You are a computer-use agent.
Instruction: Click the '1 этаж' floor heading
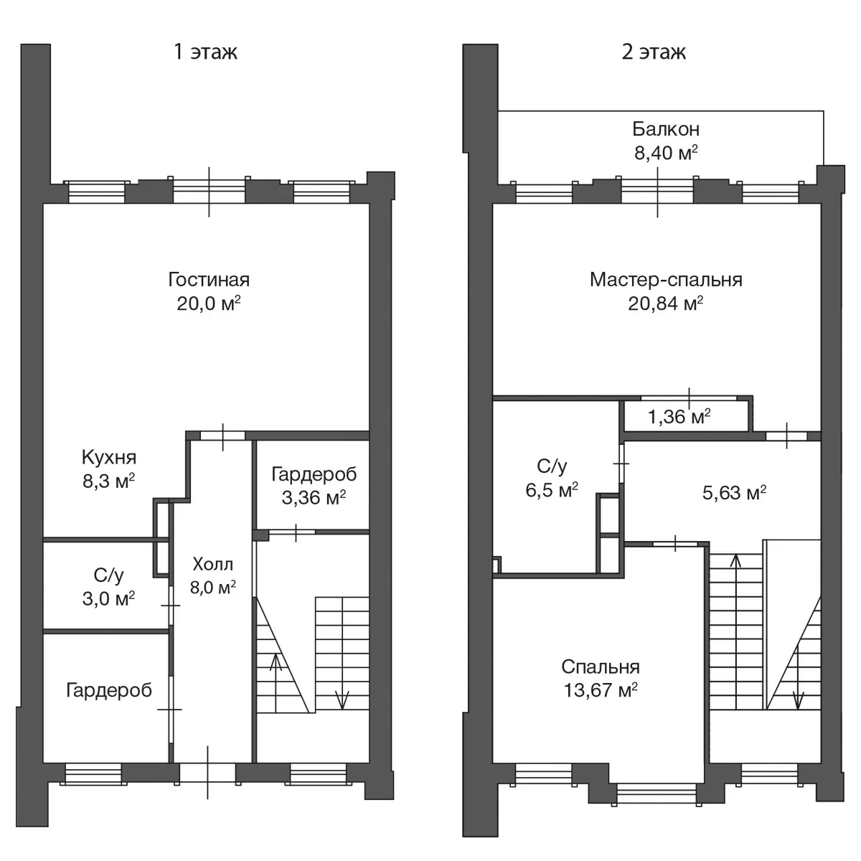pos(205,52)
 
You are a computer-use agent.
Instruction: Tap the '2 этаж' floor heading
pos(654,52)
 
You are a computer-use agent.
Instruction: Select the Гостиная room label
pos(209,280)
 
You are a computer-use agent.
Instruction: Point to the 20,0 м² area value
pos(209,304)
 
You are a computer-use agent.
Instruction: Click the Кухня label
pos(109,458)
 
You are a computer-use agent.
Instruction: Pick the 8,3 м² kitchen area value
pos(108,481)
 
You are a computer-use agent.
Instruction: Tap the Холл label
pos(212,565)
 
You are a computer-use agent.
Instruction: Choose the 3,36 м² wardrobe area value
pos(314,497)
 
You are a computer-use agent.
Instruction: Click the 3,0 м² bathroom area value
pos(108,598)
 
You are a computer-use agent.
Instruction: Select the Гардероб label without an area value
pos(109,690)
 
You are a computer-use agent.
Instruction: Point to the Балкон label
pos(666,129)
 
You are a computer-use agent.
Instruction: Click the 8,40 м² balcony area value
pos(666,153)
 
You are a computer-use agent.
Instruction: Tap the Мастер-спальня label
pos(666,280)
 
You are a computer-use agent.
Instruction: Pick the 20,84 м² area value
pos(666,304)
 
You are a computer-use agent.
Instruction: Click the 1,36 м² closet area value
pos(679,417)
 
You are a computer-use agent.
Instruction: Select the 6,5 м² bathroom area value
pos(552,490)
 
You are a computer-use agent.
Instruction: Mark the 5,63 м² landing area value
pos(734,493)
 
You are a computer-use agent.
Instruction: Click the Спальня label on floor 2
pos(601,667)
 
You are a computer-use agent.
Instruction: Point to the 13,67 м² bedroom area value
pos(601,691)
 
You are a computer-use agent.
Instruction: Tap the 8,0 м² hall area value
pos(212,587)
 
